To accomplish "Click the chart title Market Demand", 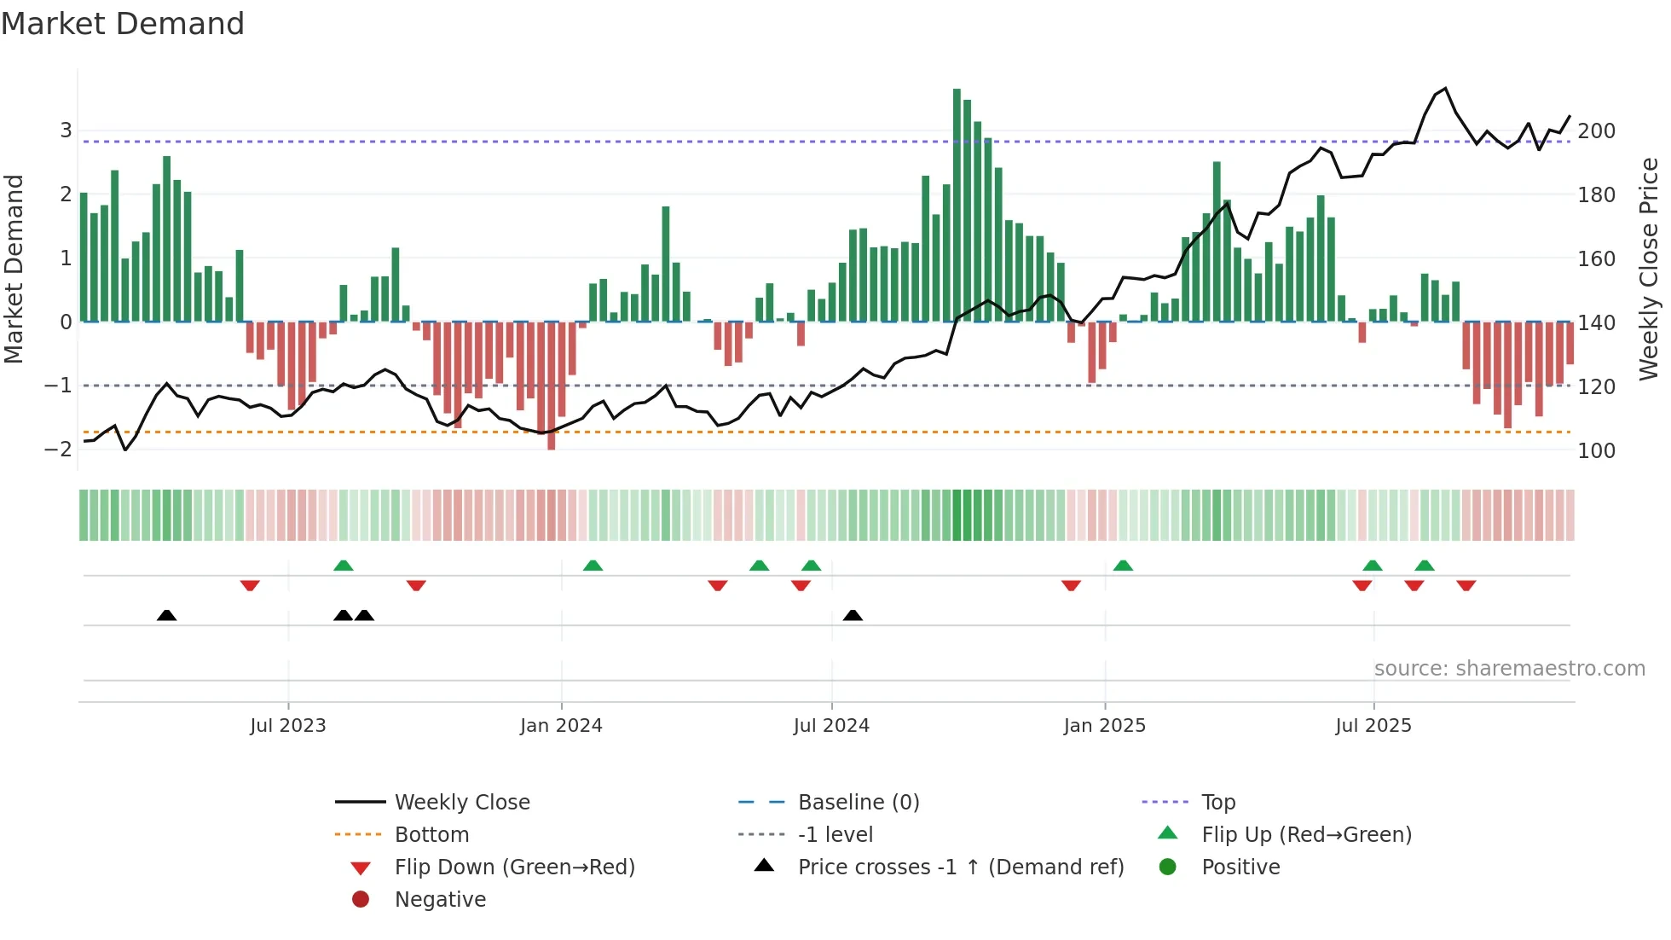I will [123, 24].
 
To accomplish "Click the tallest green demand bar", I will [957, 205].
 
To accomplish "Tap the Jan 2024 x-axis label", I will [561, 726].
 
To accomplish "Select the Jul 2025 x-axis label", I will [1373, 726].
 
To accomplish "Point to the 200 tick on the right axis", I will [1596, 131].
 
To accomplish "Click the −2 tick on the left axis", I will [59, 450].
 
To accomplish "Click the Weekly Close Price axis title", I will [1649, 269].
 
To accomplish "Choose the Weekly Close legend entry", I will [461, 803].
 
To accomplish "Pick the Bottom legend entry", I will [431, 835].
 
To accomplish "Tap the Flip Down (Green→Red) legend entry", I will [514, 867].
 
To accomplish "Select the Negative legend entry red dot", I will [361, 900].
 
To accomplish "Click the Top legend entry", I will [1217, 803].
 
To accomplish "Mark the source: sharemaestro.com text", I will [1509, 669].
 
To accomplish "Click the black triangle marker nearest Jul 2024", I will [853, 615].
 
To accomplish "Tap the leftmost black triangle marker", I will [167, 615].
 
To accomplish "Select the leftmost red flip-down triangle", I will [250, 585].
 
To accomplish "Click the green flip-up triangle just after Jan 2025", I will [1123, 566].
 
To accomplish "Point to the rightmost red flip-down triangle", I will [1466, 585].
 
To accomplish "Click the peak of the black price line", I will [1445, 89].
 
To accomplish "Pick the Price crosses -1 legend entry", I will [960, 867].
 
